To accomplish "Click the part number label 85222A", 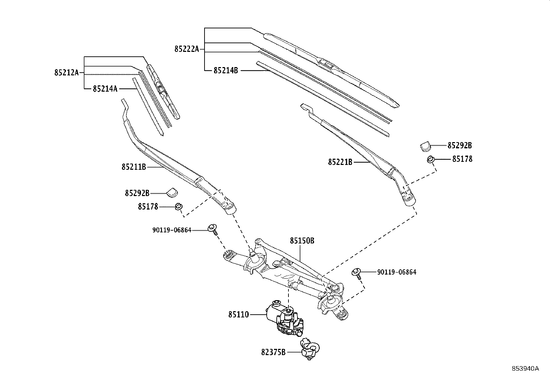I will point(187,49).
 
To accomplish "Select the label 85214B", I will point(226,71).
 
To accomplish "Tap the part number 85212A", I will point(66,73).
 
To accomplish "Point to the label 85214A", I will point(105,89).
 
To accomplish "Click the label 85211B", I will point(134,167).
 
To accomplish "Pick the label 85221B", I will point(340,162).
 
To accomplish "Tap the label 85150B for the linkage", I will point(302,241).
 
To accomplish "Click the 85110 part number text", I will point(238,315).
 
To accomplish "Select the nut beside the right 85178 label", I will point(430,160).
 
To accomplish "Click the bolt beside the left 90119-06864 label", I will point(212,228).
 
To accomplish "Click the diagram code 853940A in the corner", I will point(525,368).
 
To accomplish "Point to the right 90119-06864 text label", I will point(397,272).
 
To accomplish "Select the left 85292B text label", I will point(137,193).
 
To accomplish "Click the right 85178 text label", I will point(462,159).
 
